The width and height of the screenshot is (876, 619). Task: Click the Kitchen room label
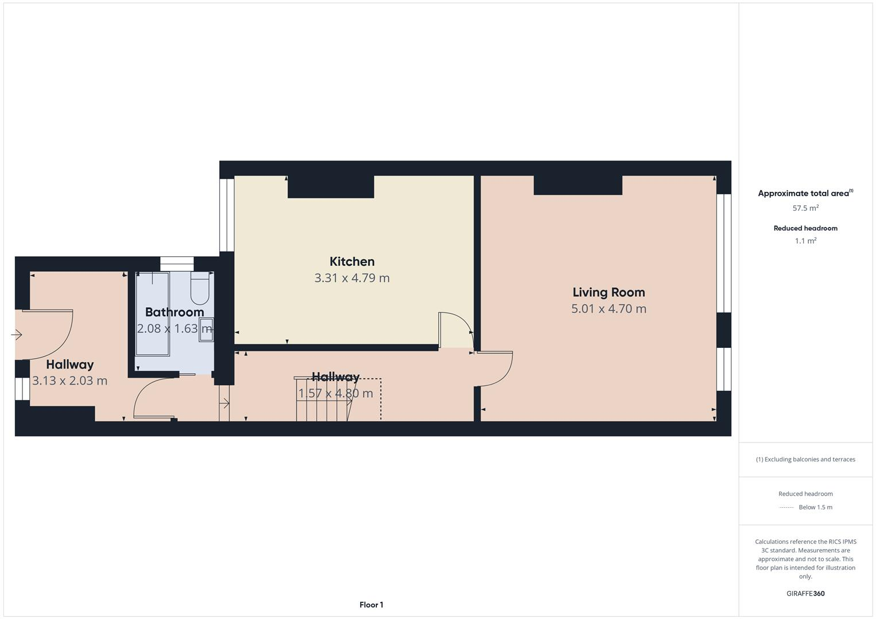pos(352,262)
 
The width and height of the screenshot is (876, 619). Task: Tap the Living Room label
pos(609,292)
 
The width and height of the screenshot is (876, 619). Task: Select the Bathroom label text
pos(174,312)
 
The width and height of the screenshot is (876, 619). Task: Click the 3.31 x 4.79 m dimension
pos(352,278)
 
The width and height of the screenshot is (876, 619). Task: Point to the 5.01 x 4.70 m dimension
pos(609,309)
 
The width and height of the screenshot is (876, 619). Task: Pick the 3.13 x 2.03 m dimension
pos(70,381)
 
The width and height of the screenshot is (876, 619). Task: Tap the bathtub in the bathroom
pos(152,314)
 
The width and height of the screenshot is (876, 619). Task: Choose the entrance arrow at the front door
pos(16,335)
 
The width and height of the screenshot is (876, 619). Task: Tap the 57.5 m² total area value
pos(805,208)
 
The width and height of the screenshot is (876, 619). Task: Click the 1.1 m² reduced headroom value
pos(805,241)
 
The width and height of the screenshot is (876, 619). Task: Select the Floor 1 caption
pos(371,605)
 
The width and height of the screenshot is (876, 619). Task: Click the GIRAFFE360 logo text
pos(805,594)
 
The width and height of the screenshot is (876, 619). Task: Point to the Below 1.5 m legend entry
pos(815,507)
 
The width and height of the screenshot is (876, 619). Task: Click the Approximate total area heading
pos(803,194)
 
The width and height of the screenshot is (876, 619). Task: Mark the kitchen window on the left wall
pos(227,215)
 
